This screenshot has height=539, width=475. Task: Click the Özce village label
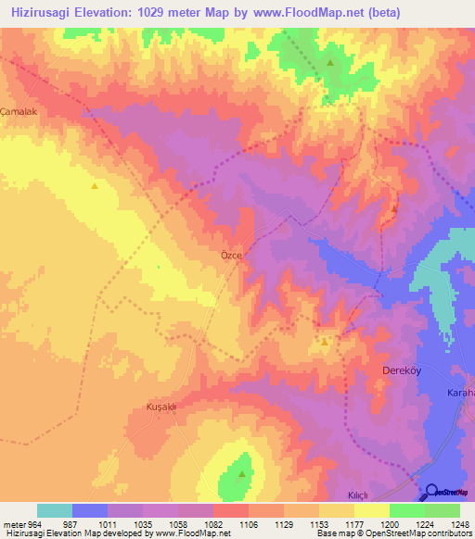(231, 255)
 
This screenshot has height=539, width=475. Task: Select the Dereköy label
(403, 370)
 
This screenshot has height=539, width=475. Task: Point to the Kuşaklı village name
(160, 407)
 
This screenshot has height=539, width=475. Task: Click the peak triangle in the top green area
(329, 63)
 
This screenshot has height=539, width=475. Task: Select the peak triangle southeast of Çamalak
(95, 185)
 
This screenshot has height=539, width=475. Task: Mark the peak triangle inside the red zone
(394, 208)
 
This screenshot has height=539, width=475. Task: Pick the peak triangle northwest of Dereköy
(324, 342)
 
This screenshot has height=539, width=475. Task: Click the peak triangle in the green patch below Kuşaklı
(242, 474)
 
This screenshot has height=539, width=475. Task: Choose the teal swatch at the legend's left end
(54, 510)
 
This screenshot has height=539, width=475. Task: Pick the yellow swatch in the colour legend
(371, 510)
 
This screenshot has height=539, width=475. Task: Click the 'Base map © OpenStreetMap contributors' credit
(393, 533)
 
